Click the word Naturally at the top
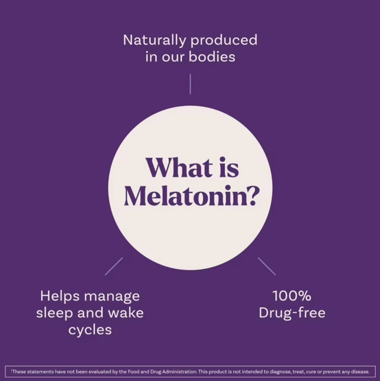pyautogui.click(x=155, y=40)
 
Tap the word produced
pyautogui.click(x=224, y=40)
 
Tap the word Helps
pyautogui.click(x=60, y=296)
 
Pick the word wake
pyautogui.click(x=126, y=313)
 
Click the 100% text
pyautogui.click(x=292, y=296)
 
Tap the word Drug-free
pyautogui.click(x=292, y=313)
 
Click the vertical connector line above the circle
pyautogui.click(x=190, y=84)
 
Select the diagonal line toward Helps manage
pyautogui.click(x=114, y=266)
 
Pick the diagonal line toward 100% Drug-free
pyautogui.click(x=267, y=266)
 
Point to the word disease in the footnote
pyautogui.click(x=360, y=372)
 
